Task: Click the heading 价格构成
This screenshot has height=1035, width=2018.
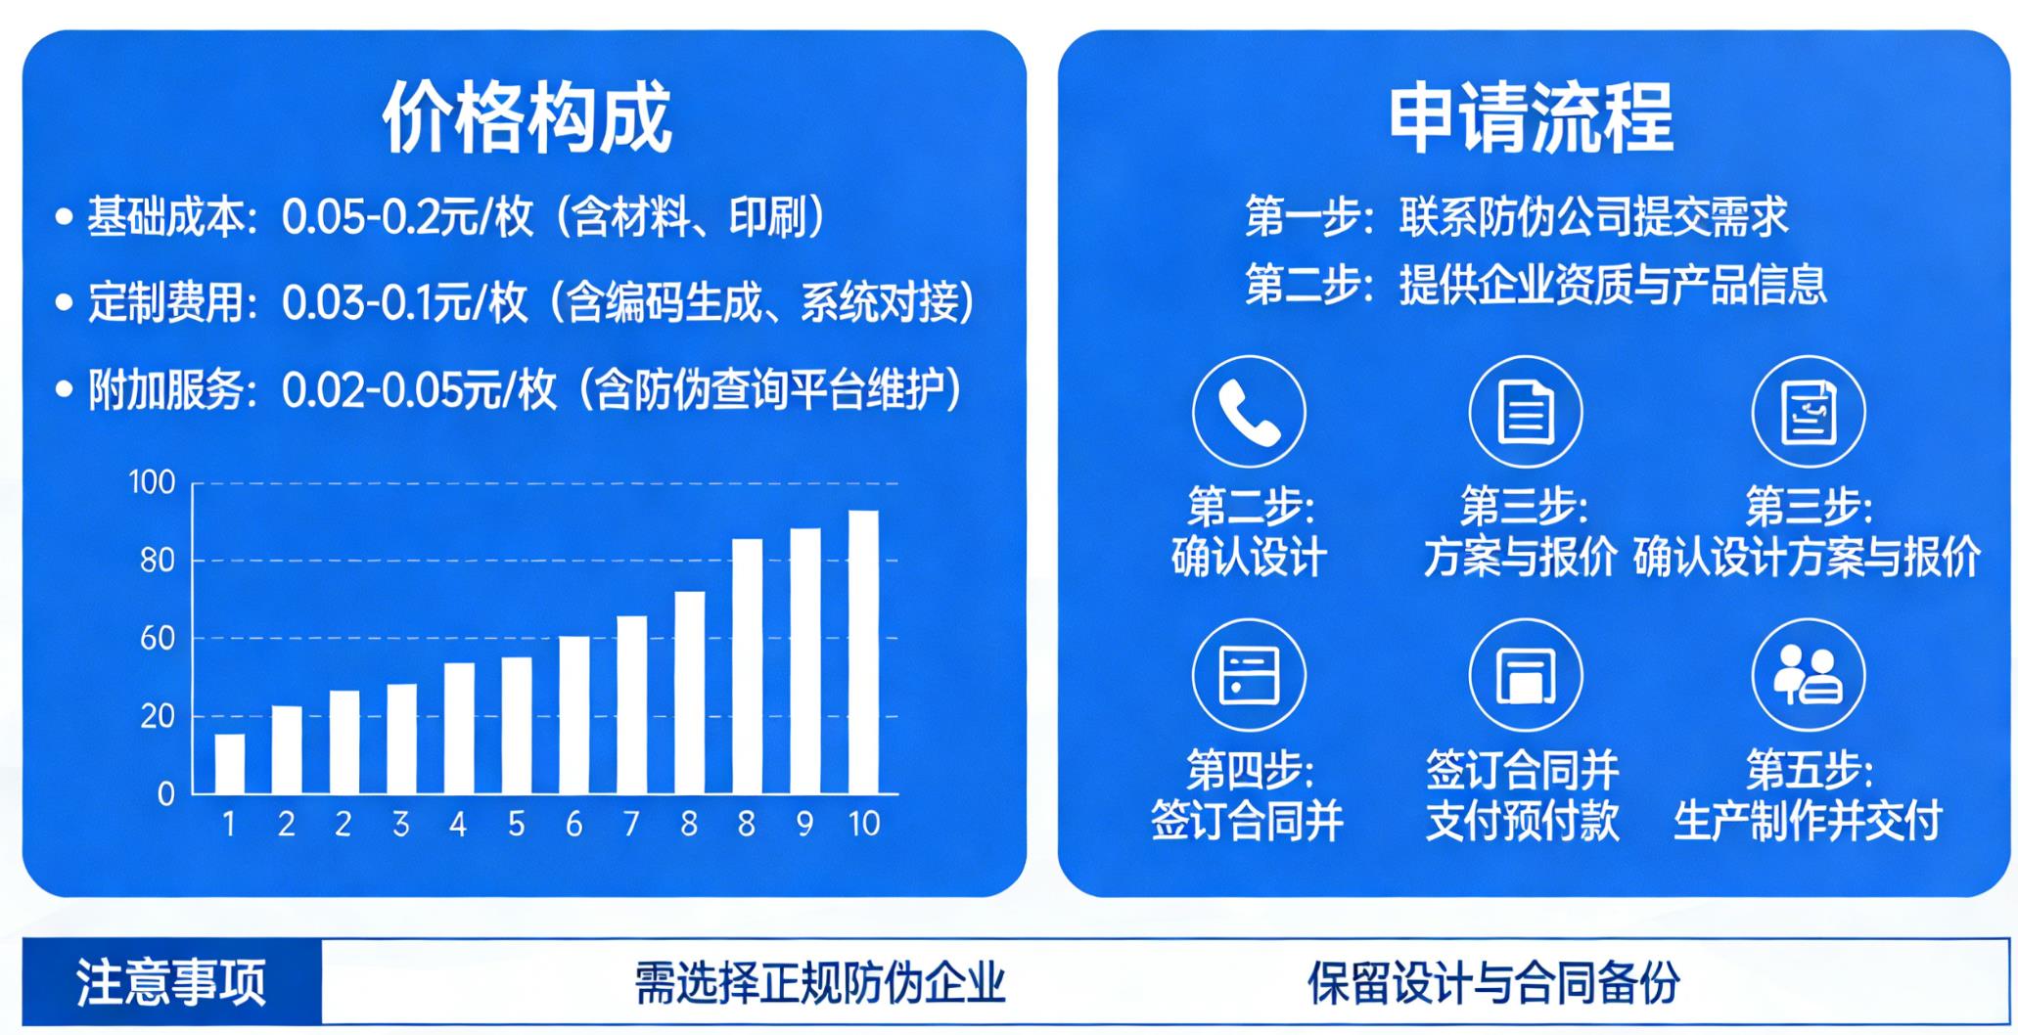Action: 527,117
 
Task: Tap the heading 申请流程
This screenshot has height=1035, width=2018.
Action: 1531,117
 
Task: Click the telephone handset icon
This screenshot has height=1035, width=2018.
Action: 1249,411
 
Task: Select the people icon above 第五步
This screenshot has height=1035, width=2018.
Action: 1808,674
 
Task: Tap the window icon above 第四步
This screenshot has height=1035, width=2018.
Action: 1249,674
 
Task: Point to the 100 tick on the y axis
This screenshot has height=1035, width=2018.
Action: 152,482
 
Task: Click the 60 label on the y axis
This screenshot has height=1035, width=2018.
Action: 157,638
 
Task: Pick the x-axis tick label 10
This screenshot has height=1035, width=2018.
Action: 863,824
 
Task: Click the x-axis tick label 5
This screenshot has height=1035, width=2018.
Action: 516,824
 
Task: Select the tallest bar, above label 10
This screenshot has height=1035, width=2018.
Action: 863,652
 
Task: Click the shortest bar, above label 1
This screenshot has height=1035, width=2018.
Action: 229,763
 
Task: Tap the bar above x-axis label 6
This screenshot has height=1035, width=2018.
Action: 573,714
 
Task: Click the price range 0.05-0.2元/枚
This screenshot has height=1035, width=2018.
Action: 407,217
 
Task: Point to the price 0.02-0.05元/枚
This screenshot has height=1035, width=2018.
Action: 419,390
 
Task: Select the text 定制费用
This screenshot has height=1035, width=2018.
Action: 164,302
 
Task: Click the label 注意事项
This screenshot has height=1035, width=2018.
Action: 171,982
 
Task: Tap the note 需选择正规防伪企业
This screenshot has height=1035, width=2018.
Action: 820,982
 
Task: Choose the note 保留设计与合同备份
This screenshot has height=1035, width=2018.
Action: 1493,982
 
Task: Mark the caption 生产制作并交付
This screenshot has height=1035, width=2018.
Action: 1808,821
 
